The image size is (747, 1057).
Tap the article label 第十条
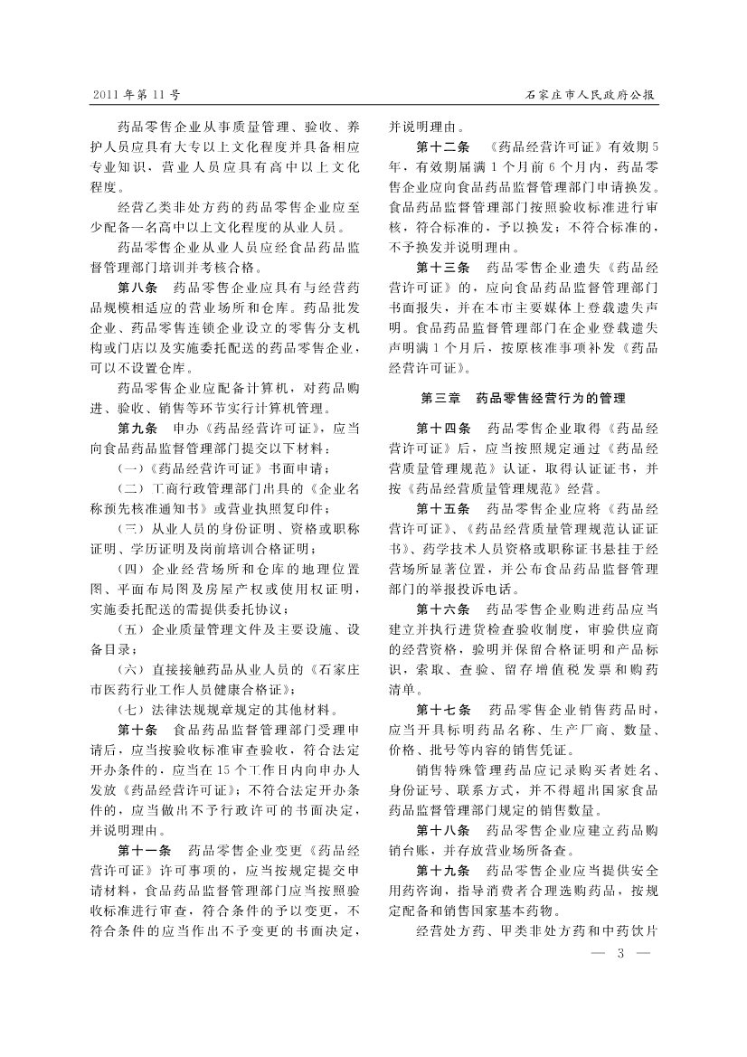click(138, 729)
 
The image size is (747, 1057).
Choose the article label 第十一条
click(145, 851)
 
